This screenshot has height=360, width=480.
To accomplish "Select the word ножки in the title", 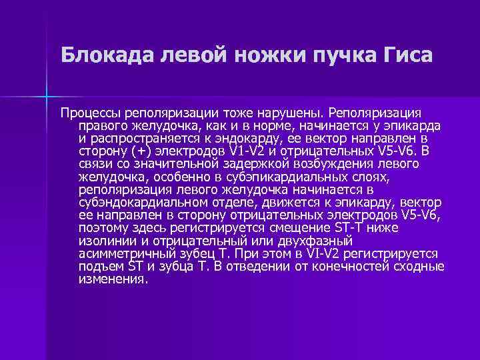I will [259, 55].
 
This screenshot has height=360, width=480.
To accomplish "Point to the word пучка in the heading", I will [331, 55].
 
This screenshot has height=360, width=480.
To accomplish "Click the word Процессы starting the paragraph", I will [90, 111].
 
